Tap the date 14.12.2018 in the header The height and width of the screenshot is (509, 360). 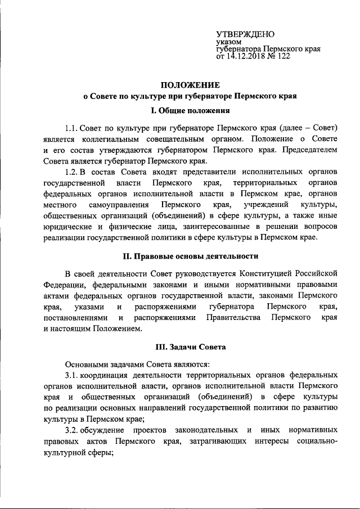tap(246, 56)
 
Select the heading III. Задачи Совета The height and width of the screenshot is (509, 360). tap(187, 348)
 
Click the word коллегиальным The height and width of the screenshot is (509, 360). tap(112, 138)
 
